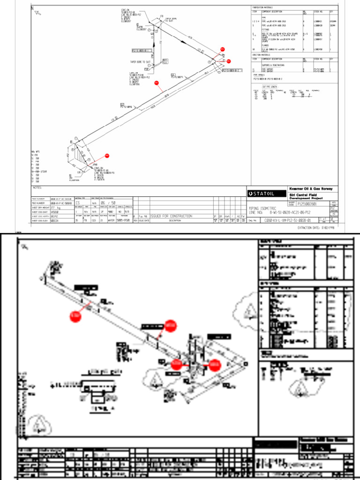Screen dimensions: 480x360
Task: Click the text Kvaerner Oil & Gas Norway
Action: click(x=311, y=188)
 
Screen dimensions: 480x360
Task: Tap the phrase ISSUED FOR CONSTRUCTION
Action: click(x=171, y=216)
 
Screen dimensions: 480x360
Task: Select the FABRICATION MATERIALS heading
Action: click(x=262, y=7)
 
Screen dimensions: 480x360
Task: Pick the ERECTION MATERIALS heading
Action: click(x=261, y=55)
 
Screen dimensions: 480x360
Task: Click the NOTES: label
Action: click(x=37, y=188)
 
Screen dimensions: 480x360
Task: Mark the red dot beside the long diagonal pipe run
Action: click(x=157, y=83)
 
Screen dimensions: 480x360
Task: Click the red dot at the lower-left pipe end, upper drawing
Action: click(x=107, y=155)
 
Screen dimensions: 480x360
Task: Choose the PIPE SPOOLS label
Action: click(x=259, y=75)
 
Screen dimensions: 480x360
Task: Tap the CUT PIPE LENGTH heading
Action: click(x=270, y=87)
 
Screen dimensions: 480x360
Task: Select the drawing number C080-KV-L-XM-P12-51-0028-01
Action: click(x=287, y=219)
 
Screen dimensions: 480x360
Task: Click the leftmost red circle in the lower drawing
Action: click(x=75, y=317)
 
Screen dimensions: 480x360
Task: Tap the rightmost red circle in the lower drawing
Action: click(x=214, y=364)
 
